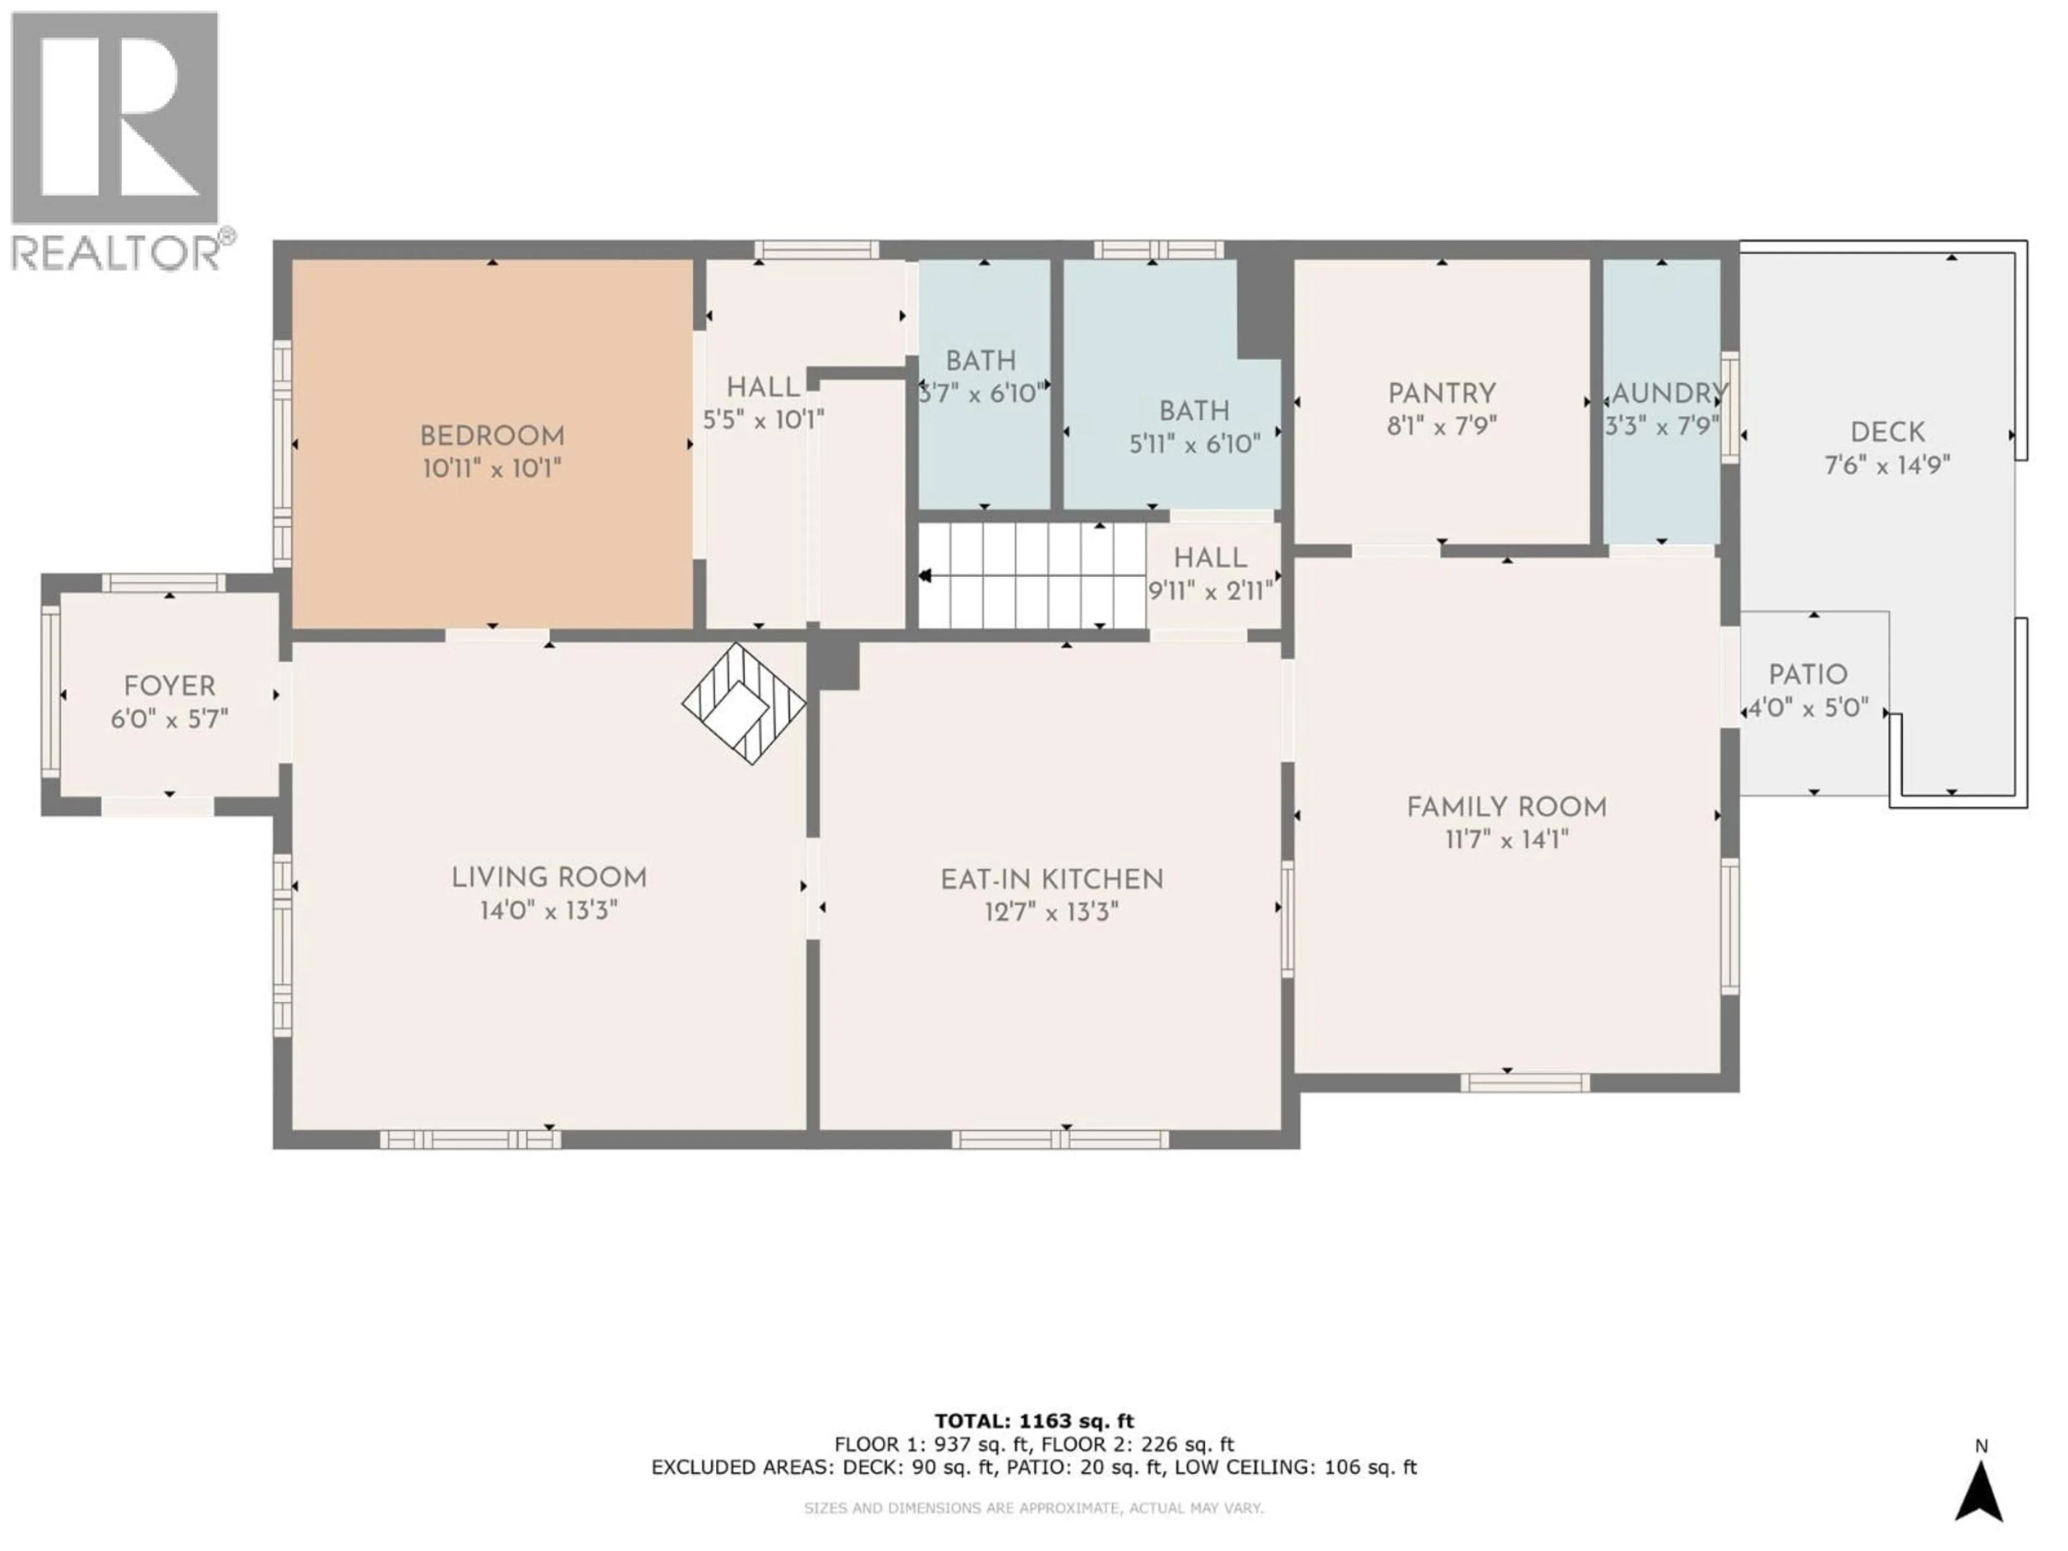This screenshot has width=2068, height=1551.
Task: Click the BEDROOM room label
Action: point(492,437)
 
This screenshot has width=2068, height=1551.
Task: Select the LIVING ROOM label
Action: point(549,878)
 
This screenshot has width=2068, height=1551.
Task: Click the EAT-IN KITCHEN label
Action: point(1052,880)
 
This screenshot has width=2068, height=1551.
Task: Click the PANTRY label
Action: point(1442,394)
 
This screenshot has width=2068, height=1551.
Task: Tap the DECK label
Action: point(1888,433)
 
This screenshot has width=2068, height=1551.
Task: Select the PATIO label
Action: point(1808,675)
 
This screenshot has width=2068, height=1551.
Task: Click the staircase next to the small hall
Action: point(1032,576)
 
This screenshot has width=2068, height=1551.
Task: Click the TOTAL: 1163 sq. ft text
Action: point(1034,1422)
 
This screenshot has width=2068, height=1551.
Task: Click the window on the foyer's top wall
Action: point(164,583)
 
